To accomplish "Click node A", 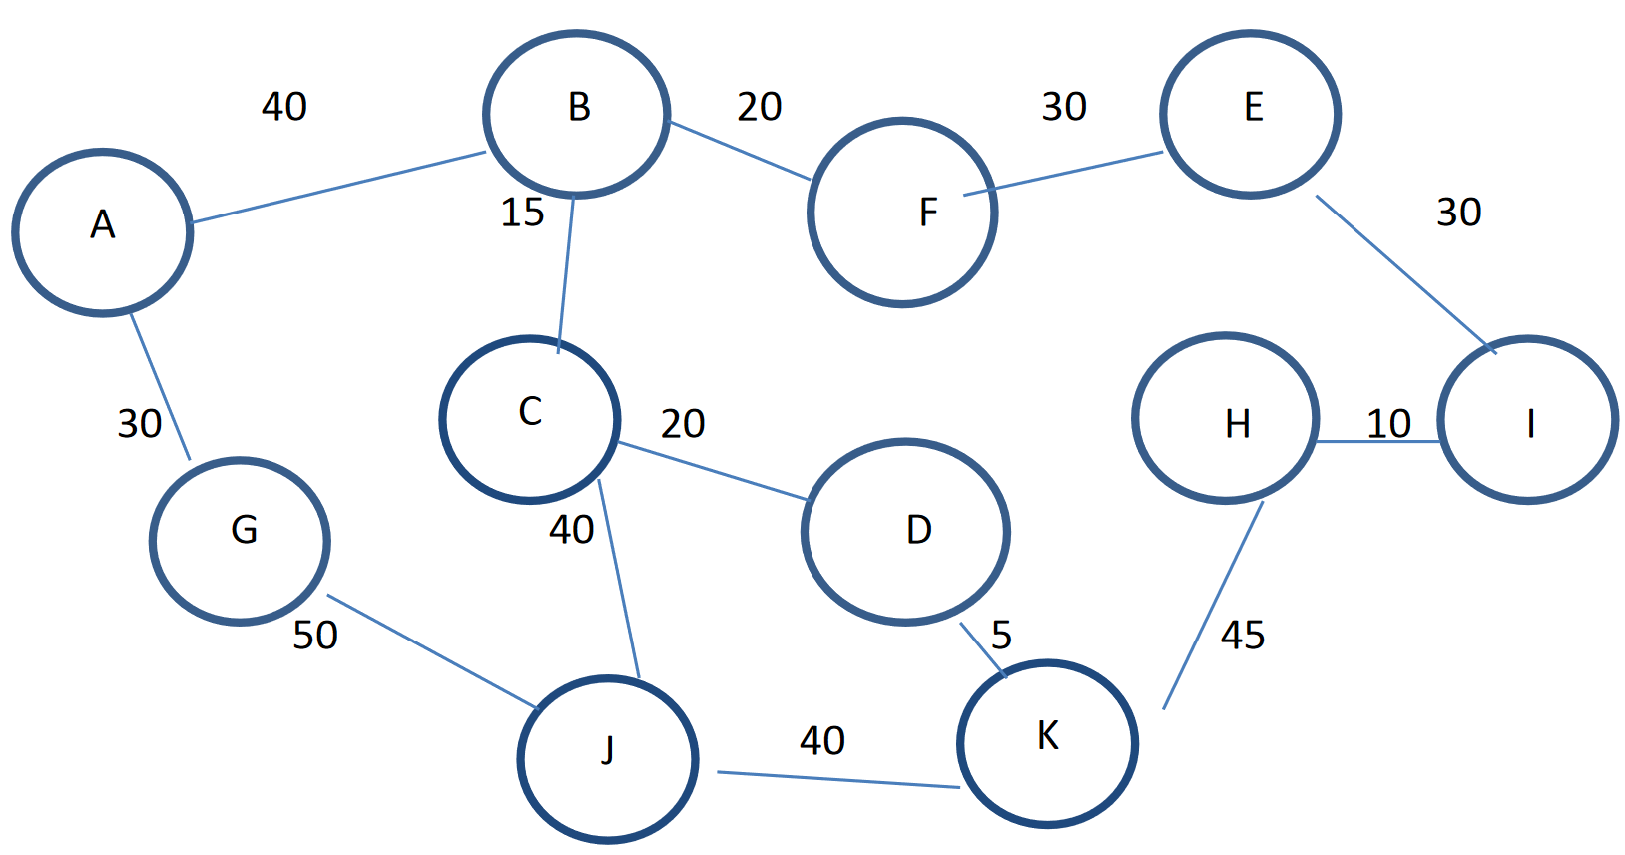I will coord(103,232).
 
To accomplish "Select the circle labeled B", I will coord(577,113).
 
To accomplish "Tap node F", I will coord(902,212).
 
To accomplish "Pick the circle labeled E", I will coord(1250,114).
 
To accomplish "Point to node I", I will coord(1527,420).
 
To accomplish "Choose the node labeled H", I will coord(1226,418).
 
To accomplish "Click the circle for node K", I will coord(1047,743).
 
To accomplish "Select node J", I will coord(607,759).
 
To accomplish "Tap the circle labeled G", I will coord(240,541).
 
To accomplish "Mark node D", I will coord(905,532).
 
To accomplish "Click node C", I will coord(530,419).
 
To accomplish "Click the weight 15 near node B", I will coord(522,213).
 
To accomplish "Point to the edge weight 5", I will coord(1001,635).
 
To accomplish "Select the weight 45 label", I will coord(1243,635).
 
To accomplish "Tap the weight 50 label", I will coord(315,635).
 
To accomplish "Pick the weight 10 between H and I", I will coord(1388,424).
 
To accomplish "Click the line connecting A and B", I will coord(339,188).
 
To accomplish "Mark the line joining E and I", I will coord(1405,273).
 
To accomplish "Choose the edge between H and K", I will coord(1213,606).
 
